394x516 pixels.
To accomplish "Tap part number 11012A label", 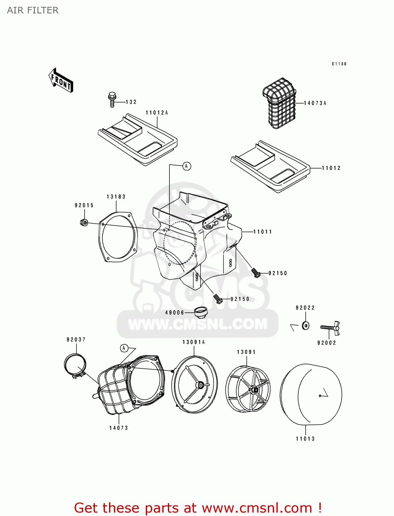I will [157, 113].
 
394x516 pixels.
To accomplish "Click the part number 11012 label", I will [331, 168].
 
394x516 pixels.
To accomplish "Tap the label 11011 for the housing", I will [263, 232].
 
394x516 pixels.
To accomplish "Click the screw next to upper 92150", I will [255, 273].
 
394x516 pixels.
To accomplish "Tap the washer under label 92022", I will [305, 325].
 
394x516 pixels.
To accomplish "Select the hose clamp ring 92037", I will [75, 365].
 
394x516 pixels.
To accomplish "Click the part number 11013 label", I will [305, 439].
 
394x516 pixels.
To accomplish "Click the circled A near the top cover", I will [186, 166].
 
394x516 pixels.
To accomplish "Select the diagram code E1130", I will [339, 64].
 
